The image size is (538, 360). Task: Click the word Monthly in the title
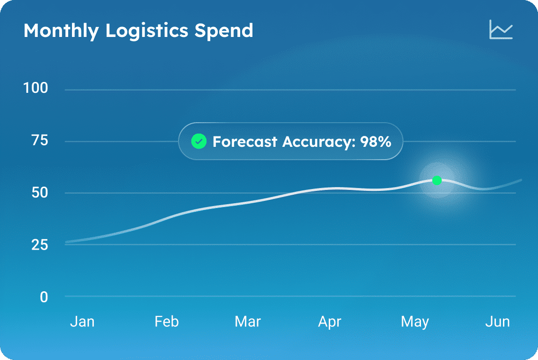pos(61,31)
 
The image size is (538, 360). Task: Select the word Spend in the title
pos(224,31)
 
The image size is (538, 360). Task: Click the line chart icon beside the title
pos(501,29)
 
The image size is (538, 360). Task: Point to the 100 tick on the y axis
pos(36,88)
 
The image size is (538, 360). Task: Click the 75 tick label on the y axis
pos(39,140)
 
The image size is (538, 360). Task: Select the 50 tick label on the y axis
pos(39,192)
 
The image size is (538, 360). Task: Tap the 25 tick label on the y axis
pos(39,245)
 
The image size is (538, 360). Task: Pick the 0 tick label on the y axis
pos(44,297)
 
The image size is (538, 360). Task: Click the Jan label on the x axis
pos(82,322)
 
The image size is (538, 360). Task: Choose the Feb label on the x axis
pos(166,322)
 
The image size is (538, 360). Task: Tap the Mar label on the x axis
pos(248,322)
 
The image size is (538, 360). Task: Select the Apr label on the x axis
pos(330,322)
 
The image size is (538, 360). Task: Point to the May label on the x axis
pos(415,322)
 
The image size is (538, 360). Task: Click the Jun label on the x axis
pos(497,322)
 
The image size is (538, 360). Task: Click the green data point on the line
pos(437,180)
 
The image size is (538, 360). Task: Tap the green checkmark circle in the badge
pos(198,141)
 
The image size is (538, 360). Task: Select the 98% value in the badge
pos(376,141)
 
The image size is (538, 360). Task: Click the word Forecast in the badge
pos(245,141)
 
